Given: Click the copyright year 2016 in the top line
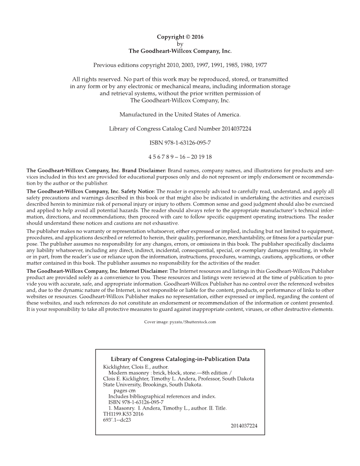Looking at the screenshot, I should pos(197,37).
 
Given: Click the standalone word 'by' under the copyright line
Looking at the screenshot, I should pos(180,44).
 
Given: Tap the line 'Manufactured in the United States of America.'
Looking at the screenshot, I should pos(180,115).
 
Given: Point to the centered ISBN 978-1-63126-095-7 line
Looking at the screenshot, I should pos(180,142).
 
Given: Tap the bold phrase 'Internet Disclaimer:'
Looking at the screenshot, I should pos(140,271).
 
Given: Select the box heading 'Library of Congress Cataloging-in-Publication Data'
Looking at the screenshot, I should pos(180,359).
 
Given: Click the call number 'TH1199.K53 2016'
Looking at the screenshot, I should pos(123,414).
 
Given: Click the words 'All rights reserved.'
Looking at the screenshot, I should pos(96,79).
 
